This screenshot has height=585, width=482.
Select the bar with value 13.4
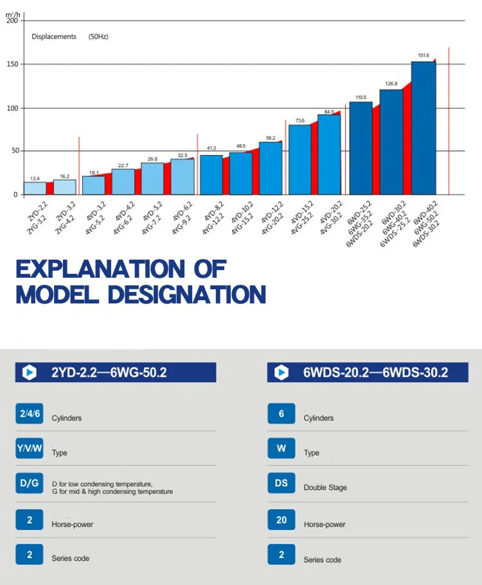(x=35, y=188)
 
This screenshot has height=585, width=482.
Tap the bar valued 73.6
(x=300, y=159)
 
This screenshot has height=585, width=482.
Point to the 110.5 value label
(x=361, y=98)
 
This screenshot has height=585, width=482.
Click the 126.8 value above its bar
(x=391, y=84)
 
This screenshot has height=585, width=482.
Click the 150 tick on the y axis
(x=12, y=64)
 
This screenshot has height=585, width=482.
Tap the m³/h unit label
(x=12, y=14)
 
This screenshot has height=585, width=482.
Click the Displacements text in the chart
(x=54, y=37)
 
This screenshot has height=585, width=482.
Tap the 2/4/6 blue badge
(x=29, y=414)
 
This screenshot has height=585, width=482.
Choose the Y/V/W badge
(x=29, y=449)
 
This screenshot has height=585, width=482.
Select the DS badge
(x=281, y=483)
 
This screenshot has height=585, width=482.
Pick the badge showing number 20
(x=281, y=519)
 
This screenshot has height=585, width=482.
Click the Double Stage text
(x=325, y=488)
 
